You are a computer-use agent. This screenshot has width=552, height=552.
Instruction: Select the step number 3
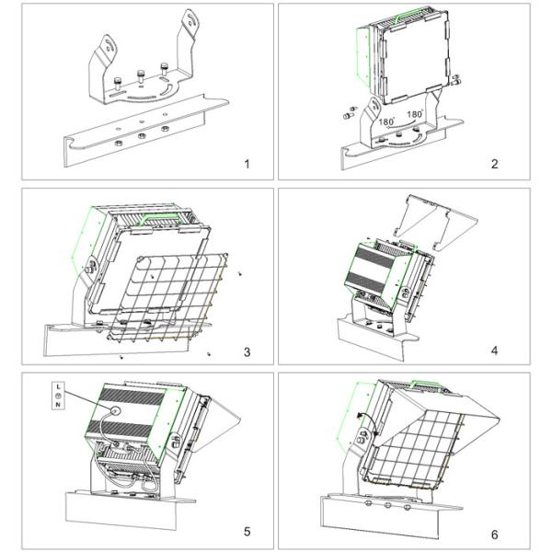click(246, 351)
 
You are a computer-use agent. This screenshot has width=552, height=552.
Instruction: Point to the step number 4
click(494, 351)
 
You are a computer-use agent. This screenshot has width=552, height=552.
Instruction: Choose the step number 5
click(246, 532)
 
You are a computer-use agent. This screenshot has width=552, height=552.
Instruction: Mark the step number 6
click(494, 532)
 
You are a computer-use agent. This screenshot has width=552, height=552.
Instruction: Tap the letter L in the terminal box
click(57, 384)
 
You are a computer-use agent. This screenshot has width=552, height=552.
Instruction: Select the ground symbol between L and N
click(57, 395)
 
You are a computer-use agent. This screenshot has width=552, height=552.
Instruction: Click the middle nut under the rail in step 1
click(141, 134)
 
